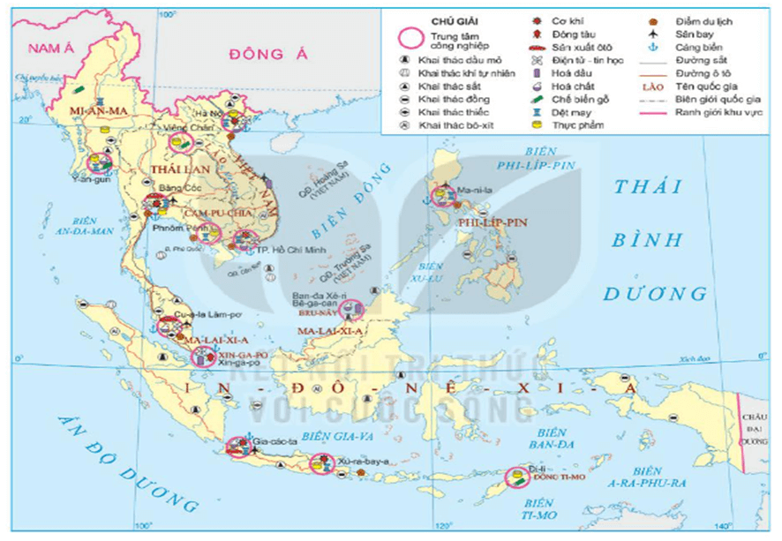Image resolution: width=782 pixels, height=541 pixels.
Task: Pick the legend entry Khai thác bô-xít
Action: coord(455,125)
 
